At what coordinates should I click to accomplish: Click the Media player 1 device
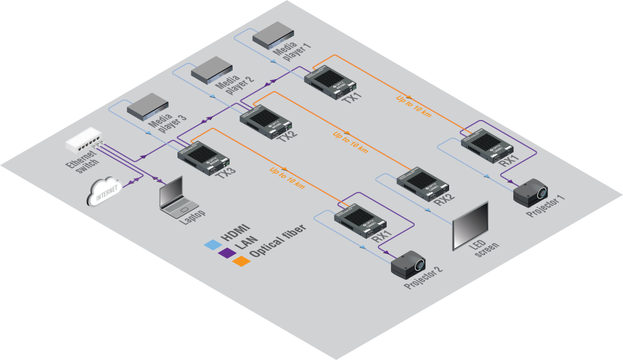[272, 36]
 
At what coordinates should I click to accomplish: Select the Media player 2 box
[212, 70]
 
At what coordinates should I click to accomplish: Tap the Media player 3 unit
[148, 106]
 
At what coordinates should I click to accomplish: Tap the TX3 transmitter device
[204, 157]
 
